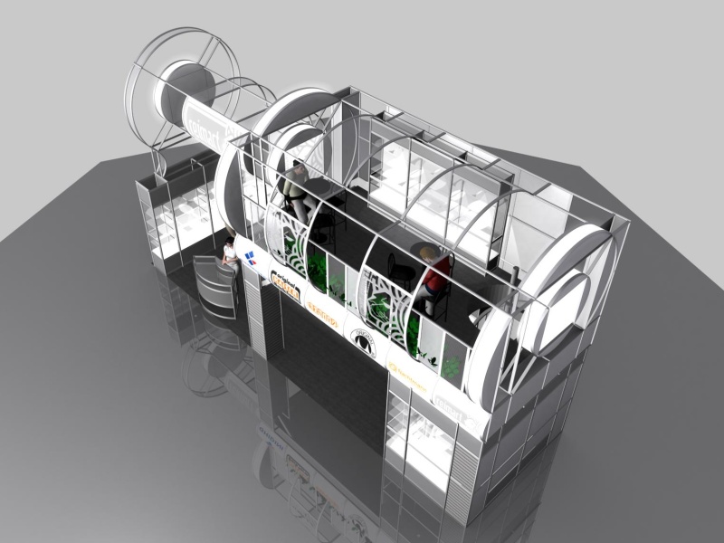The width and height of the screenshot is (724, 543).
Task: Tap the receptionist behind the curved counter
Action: (x=230, y=252)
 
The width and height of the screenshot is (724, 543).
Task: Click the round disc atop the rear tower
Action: (x=186, y=85)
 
